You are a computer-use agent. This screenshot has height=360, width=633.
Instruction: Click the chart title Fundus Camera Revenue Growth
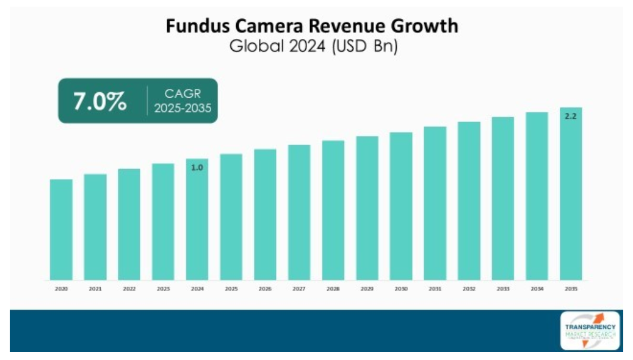click(312, 26)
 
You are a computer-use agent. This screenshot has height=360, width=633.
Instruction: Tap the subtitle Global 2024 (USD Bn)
click(313, 46)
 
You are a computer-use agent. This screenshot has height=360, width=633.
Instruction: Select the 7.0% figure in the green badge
click(100, 101)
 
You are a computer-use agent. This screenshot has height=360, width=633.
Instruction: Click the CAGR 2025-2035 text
click(183, 101)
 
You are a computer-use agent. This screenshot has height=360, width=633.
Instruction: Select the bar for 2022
click(129, 225)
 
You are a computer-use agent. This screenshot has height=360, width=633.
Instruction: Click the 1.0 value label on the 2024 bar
click(197, 167)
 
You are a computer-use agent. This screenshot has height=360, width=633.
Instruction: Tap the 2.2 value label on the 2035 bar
click(571, 116)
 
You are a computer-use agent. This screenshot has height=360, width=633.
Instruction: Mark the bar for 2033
click(503, 198)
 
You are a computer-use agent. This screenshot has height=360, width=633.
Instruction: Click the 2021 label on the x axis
click(95, 289)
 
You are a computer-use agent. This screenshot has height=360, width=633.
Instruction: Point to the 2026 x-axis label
click(265, 289)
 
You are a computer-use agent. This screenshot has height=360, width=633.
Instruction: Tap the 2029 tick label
click(367, 289)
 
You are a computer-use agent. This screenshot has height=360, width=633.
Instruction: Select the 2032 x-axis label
click(469, 289)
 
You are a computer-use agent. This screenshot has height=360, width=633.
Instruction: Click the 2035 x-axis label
click(571, 289)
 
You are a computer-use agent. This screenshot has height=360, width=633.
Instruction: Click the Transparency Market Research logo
click(590, 331)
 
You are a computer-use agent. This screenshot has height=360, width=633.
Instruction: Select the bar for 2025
click(231, 217)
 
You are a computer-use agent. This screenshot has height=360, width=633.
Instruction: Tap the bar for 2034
click(537, 196)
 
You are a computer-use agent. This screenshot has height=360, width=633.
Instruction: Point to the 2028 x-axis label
click(333, 289)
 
